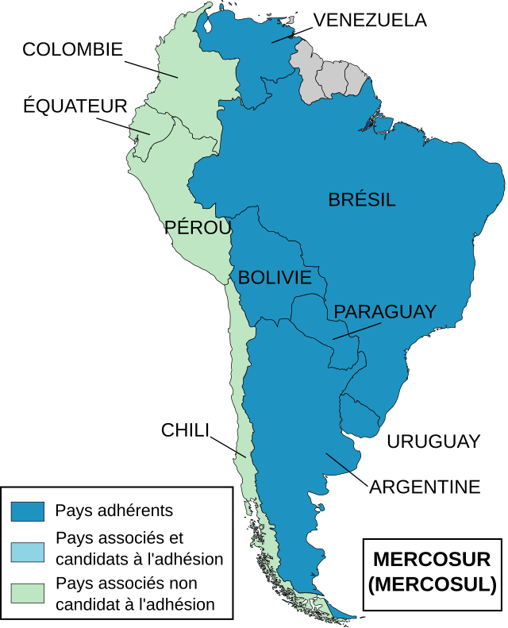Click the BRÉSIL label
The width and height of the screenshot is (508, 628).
[x=362, y=200]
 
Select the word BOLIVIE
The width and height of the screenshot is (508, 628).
[x=275, y=277]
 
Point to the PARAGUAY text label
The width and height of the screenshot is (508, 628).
[x=385, y=312]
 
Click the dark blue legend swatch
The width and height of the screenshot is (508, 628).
[x=28, y=511]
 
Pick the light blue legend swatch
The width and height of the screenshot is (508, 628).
[x=28, y=553]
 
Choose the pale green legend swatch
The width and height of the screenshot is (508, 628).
[x=28, y=593]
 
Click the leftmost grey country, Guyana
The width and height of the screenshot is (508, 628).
[x=306, y=75]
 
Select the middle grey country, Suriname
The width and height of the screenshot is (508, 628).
[x=332, y=79]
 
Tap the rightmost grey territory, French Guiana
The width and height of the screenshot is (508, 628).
[x=355, y=79]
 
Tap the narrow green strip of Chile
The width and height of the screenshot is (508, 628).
[x=242, y=397]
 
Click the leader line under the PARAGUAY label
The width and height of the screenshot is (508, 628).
[x=356, y=330]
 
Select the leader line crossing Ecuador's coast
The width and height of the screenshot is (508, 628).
[x=140, y=129]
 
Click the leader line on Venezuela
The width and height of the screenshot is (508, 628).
[x=282, y=37]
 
